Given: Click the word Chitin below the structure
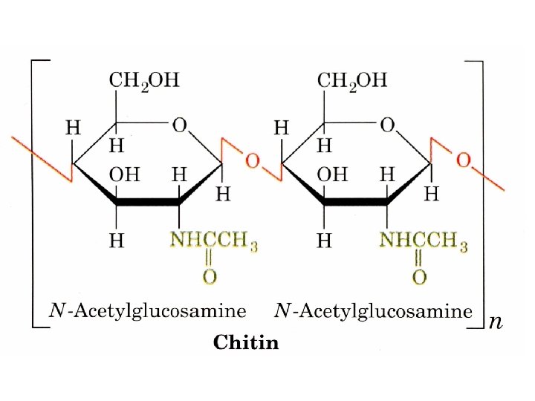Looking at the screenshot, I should pos(246,342).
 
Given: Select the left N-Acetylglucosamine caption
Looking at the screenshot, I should pos(147,311).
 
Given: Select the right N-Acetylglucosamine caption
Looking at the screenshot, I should pos(373,311).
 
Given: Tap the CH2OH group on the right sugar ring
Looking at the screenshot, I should pos(353,80).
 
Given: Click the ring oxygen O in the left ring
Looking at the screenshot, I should pos(179,125).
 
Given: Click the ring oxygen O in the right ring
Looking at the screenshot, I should pos(387,125).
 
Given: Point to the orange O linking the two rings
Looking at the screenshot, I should pos(253,160).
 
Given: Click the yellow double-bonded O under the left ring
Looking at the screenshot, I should pos(210,277).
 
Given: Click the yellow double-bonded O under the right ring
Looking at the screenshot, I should pos(419,277).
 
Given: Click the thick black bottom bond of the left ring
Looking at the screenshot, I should pos(148,201).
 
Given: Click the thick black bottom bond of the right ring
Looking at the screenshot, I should pos(357,201).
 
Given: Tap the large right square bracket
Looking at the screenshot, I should pos(480,193).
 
